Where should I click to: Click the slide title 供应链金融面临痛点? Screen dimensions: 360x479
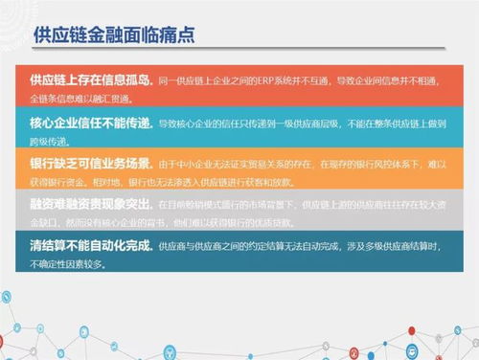114,37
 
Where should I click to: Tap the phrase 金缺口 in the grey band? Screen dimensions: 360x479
44,220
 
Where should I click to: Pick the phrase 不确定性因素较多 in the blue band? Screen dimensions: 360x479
65,261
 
